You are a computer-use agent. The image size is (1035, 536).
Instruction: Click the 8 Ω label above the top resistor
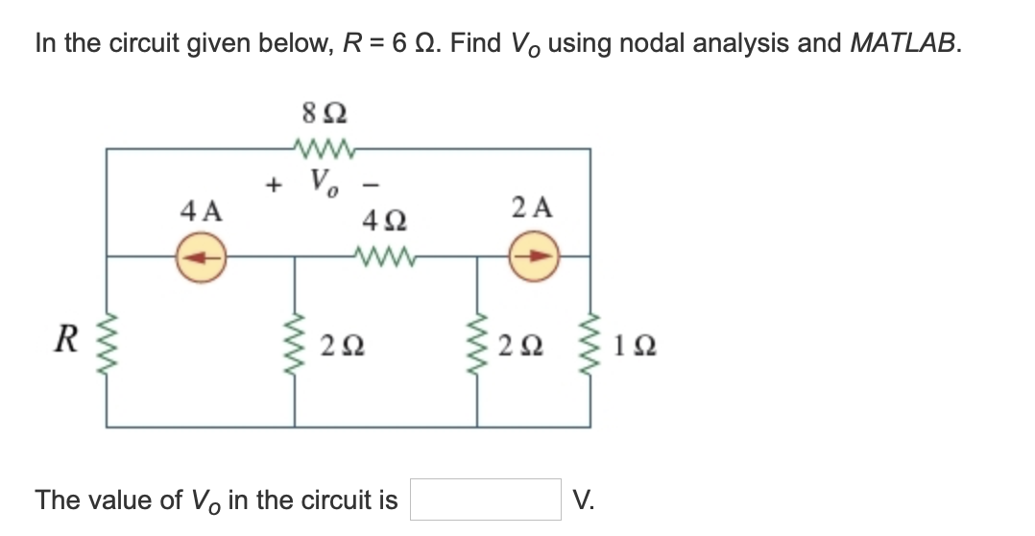coord(324,113)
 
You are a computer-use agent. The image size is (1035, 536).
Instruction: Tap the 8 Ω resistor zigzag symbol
coord(324,148)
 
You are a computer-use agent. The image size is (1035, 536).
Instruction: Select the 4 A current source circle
coord(203,256)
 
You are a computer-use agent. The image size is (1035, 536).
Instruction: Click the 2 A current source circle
coord(538,256)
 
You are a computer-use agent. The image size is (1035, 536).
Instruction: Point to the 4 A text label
coord(202,209)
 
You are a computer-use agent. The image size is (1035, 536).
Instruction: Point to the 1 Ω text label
coord(628,345)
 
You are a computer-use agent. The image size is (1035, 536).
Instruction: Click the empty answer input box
coord(485,499)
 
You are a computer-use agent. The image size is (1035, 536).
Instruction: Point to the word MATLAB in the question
coord(903,43)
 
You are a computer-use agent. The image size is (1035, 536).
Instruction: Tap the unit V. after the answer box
coord(582,499)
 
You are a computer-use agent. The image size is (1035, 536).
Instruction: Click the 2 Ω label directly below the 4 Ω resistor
coord(342,345)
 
